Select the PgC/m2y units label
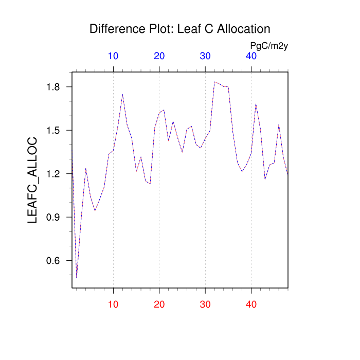[269, 46]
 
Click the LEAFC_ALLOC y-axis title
[33, 180]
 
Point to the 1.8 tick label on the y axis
[53, 87]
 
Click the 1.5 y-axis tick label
[53, 131]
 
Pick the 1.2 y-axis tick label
[53, 174]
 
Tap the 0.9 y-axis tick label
[53, 218]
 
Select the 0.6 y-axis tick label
[53, 261]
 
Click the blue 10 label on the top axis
[114, 56]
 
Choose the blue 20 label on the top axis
[159, 56]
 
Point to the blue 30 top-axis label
[205, 56]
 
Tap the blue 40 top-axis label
[251, 56]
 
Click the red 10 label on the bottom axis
[114, 304]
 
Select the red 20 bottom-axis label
[159, 304]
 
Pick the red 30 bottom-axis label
[205, 304]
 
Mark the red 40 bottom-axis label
[251, 304]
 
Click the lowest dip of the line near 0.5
[77, 278]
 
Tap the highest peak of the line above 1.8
[214, 81]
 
